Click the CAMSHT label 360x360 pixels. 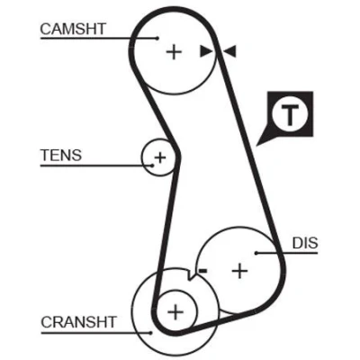73,29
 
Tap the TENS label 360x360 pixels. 61,155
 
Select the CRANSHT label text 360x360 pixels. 78,322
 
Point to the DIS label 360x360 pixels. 305,243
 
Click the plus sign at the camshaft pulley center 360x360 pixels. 174,52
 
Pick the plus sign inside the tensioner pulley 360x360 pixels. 160,157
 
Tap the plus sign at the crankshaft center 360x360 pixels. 175,312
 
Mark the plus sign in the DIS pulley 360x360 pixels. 239,271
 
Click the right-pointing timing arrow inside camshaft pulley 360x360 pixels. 206,51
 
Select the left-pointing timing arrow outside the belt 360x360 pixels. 230,51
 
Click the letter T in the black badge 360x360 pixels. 290,115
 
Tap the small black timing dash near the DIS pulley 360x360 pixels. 203,271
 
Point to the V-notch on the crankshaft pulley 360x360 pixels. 190,276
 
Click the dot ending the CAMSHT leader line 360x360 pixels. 157,38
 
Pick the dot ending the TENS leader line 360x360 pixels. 152,166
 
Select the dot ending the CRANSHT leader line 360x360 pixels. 151,332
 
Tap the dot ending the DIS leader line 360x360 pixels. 256,253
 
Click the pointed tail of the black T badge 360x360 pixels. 256,146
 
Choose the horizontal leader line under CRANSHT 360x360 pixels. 96,332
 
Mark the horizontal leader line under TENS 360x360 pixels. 96,166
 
